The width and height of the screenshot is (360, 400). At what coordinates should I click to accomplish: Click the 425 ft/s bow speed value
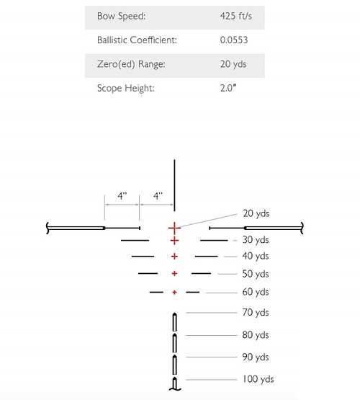coord(236,16)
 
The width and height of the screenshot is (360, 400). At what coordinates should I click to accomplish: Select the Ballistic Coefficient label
coord(137,40)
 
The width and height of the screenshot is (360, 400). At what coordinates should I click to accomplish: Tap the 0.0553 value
coord(234,40)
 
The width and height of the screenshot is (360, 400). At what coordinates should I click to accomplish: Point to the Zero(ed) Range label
coord(131,64)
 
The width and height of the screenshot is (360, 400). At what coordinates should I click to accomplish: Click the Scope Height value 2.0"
coord(228,88)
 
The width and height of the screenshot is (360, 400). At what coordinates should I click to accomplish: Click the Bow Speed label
coord(121,16)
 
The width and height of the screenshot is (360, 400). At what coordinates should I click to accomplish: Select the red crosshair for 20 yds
coord(174,228)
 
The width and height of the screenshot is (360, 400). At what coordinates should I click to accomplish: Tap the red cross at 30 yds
coord(174,241)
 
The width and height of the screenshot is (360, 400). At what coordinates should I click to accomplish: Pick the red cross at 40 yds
coord(174,257)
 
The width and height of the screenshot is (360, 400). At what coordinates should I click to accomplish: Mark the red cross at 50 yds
coord(174,274)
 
